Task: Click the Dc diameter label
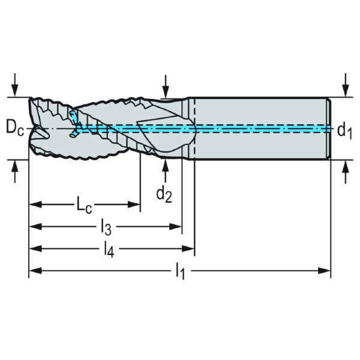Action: (14, 128)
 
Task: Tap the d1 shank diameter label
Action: (344, 131)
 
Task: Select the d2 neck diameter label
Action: (164, 194)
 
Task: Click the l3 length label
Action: (107, 228)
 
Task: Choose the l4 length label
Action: (109, 250)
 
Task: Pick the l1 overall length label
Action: (181, 272)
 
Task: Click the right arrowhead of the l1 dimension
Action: (324, 271)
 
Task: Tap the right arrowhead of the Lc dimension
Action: (134, 205)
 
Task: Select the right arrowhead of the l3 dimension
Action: (176, 227)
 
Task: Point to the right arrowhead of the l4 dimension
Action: (188, 248)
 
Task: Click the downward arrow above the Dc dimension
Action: (15, 85)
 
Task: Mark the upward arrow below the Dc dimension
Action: (15, 172)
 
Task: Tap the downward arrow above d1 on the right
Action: (346, 85)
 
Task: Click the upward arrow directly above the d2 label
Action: (165, 170)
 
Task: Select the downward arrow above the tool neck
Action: (166, 87)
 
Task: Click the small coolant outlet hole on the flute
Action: (73, 135)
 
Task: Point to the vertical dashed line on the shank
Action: (194, 128)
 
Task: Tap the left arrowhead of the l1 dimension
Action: (35, 271)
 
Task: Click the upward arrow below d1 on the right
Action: (346, 172)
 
